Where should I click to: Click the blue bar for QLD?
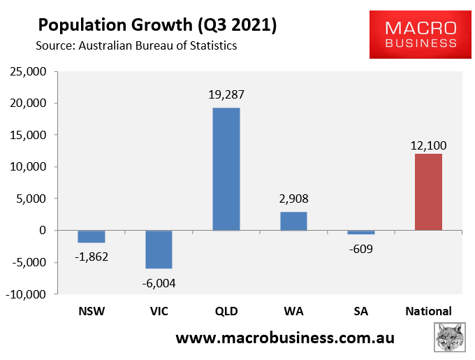[x=226, y=169]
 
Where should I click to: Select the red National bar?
[x=428, y=192]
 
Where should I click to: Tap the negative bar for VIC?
[x=159, y=250]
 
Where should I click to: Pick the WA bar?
[x=293, y=221]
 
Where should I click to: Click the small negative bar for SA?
[x=361, y=233]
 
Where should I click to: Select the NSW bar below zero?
[x=91, y=237]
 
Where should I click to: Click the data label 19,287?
[x=226, y=94]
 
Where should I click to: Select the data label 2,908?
[x=293, y=199]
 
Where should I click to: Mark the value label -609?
[x=361, y=247]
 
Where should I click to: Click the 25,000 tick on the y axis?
[x=27, y=71]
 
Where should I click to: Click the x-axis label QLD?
[x=226, y=311]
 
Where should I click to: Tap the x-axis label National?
[x=428, y=311]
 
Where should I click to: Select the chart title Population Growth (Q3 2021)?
[x=157, y=25]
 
